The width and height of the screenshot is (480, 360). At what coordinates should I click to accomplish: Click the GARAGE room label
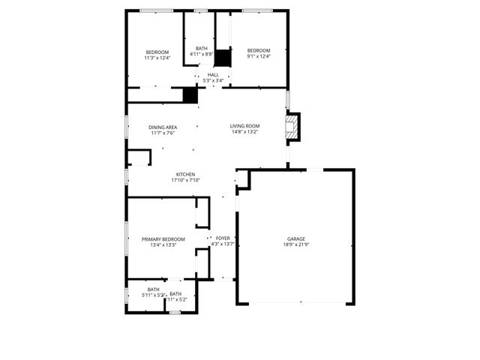pyautogui.click(x=295, y=238)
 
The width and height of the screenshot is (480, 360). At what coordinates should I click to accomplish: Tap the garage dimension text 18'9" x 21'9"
pyautogui.click(x=295, y=244)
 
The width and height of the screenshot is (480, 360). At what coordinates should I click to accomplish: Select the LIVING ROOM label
pyautogui.click(x=244, y=126)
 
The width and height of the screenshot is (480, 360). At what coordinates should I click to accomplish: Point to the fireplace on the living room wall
pyautogui.click(x=292, y=127)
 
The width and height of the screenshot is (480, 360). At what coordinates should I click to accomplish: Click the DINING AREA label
pyautogui.click(x=163, y=127)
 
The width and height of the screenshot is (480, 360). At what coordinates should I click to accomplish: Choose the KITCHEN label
pyautogui.click(x=185, y=174)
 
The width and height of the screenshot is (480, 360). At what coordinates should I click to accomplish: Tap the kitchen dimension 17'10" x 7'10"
pyautogui.click(x=185, y=180)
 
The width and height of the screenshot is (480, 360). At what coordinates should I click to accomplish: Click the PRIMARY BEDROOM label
pyautogui.click(x=163, y=238)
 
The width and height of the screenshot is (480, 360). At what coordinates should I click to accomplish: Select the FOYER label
pyautogui.click(x=223, y=238)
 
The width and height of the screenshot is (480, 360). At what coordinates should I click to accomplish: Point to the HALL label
pyautogui.click(x=213, y=75)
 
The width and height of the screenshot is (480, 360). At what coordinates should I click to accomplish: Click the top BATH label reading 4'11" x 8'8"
pyautogui.click(x=202, y=49)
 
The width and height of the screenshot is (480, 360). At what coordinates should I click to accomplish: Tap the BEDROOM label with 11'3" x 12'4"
pyautogui.click(x=157, y=52)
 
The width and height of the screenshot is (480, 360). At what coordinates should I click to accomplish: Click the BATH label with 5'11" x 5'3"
pyautogui.click(x=153, y=289)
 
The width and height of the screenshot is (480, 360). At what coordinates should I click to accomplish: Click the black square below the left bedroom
pyautogui.click(x=190, y=95)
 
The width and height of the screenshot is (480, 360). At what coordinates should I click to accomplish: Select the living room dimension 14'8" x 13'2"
pyautogui.click(x=244, y=132)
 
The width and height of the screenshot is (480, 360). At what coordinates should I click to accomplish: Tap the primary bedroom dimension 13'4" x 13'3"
pyautogui.click(x=163, y=244)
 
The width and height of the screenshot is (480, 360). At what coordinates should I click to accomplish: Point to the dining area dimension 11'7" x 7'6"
pyautogui.click(x=163, y=133)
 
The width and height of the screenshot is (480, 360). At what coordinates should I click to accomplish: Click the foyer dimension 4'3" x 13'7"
pyautogui.click(x=223, y=244)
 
